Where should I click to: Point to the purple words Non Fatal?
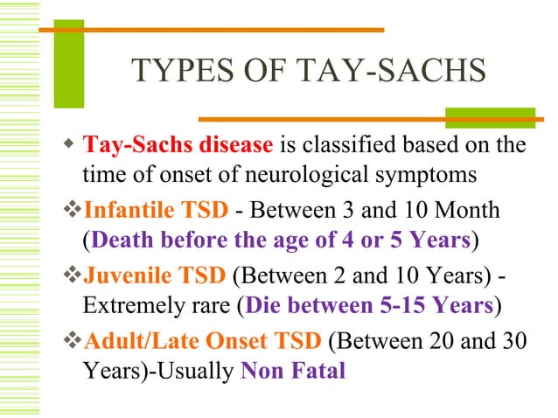(293, 370)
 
